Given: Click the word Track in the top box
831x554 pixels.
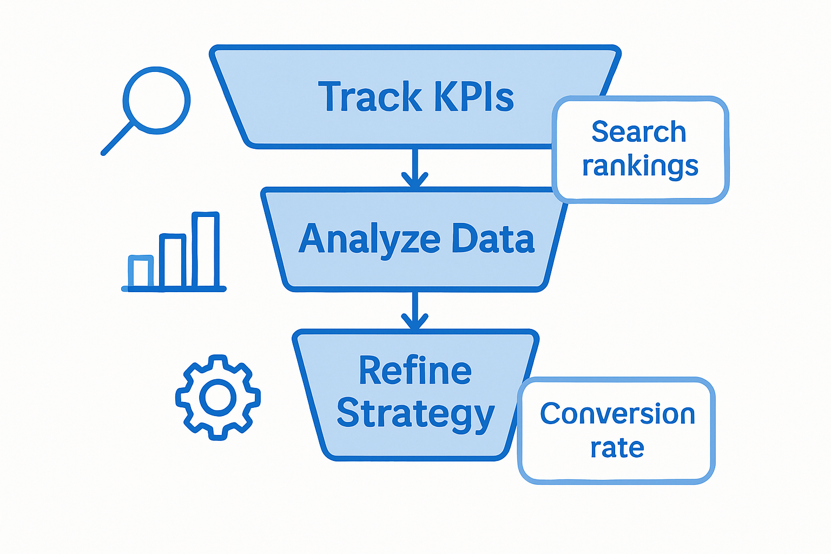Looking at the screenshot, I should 370,97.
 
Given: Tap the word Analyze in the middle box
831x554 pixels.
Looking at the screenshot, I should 369,239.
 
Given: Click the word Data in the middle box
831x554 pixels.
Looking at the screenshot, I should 493,239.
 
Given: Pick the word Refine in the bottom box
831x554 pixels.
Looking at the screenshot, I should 415,371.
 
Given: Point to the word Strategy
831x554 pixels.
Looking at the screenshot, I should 415,414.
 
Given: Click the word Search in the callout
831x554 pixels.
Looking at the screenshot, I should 639,132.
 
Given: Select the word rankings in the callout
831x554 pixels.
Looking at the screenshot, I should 640,166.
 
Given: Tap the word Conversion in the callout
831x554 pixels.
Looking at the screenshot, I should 617,414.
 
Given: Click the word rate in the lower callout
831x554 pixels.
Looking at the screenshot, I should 617,448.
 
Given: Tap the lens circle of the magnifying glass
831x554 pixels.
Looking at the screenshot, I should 157,101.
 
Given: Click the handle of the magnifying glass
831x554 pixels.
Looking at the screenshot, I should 117,138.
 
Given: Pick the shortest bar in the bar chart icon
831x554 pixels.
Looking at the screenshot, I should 141,271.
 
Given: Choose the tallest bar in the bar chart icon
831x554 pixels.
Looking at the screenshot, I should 206,250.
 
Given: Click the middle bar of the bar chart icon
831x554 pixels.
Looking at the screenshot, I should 173,261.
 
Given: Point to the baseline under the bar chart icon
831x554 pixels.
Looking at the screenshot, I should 174,289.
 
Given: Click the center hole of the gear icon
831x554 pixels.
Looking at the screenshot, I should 218,398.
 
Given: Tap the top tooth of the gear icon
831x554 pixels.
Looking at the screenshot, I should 218,361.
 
